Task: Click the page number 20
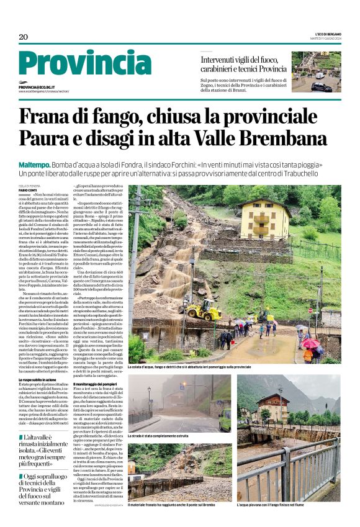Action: tap(24, 37)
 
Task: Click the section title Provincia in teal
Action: tap(84, 64)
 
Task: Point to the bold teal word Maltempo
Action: tap(34, 164)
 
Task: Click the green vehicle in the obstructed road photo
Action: tap(225, 420)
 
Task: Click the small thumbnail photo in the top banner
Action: tap(316, 72)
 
